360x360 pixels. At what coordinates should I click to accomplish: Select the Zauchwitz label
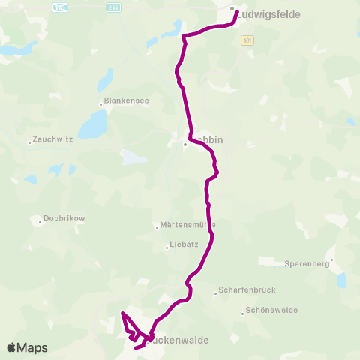(53, 140)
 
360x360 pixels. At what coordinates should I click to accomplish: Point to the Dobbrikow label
(65, 218)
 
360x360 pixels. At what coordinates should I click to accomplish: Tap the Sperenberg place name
(307, 263)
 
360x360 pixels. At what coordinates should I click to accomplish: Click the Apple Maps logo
(27, 347)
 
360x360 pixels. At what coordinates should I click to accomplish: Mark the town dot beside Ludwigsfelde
(232, 10)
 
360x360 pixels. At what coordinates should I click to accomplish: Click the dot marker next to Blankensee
(101, 103)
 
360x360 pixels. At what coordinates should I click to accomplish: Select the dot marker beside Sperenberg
(332, 260)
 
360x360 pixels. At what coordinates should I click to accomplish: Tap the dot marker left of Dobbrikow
(40, 221)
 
